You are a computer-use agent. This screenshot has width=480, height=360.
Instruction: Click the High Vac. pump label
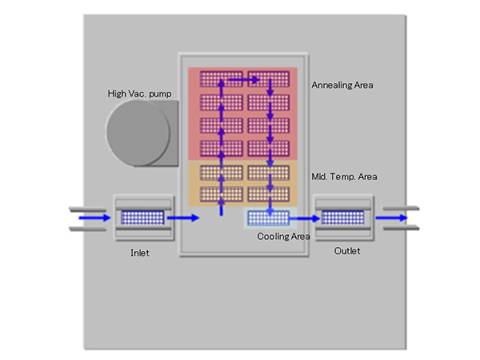pos(139,94)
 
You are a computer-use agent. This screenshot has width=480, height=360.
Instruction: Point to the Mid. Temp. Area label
pos(343,176)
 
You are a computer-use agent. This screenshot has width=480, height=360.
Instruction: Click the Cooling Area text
pos(283,237)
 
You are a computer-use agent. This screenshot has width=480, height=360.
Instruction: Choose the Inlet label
pos(140,253)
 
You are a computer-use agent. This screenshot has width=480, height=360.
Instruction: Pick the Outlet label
pos(346,251)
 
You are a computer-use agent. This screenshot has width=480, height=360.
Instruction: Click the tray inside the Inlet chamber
pos(142,217)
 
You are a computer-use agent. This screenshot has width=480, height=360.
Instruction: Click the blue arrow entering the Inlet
pos(92,217)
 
